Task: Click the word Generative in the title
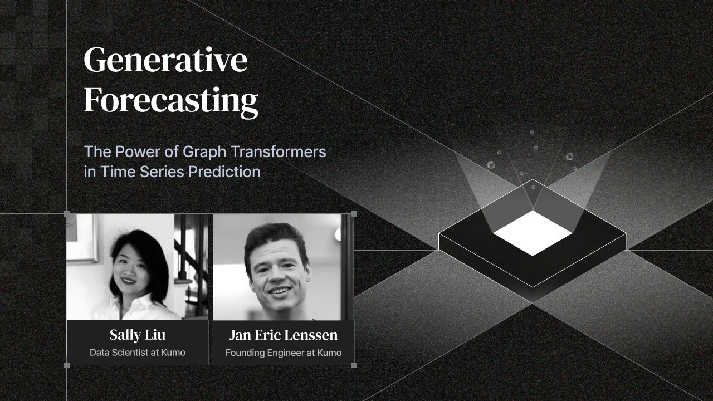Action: (165, 60)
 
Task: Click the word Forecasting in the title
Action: (171, 101)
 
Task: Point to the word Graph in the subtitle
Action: (207, 151)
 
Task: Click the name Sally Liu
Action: (137, 335)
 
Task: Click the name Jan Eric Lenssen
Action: (283, 335)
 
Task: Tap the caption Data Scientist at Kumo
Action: (137, 353)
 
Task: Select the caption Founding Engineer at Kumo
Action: (283, 353)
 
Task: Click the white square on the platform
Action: (533, 233)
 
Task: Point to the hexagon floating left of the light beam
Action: (491, 164)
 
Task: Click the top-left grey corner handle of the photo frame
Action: (67, 214)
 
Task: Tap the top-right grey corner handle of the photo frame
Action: (354, 214)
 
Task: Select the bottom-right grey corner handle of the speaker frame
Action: (354, 365)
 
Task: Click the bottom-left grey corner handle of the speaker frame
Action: (67, 365)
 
